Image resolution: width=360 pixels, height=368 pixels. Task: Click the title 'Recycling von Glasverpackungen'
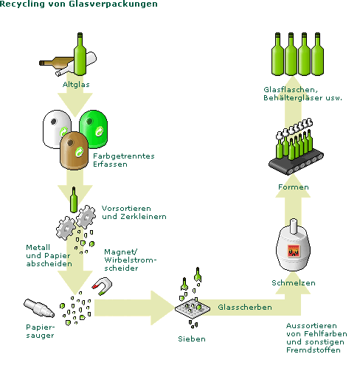(79, 4)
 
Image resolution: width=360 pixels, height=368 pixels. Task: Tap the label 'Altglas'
(76, 85)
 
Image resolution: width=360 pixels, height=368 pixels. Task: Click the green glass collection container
(94, 128)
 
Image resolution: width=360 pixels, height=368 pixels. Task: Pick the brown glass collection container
(74, 150)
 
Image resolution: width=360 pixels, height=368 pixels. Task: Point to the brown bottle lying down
(55, 63)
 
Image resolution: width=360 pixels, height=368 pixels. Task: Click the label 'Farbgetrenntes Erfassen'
(124, 160)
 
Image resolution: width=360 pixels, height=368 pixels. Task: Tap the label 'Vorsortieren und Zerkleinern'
(134, 212)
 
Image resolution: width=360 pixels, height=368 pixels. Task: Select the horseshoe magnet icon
(103, 285)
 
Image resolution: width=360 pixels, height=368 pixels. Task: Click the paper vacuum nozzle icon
(39, 308)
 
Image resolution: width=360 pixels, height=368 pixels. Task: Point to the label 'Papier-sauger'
(41, 331)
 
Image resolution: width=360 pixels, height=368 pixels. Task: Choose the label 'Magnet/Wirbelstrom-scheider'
(131, 260)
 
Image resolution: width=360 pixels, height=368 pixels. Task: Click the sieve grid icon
(193, 308)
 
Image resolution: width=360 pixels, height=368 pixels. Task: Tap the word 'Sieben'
(192, 339)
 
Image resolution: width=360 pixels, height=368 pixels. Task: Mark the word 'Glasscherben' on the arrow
(245, 308)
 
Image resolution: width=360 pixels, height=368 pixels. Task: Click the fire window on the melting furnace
(294, 251)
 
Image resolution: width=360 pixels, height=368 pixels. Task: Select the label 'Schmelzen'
(294, 283)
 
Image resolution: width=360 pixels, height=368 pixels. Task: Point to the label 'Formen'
(294, 187)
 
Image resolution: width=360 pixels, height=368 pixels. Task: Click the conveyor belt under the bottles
(296, 162)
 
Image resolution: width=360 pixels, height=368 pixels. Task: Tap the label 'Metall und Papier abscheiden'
(49, 256)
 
